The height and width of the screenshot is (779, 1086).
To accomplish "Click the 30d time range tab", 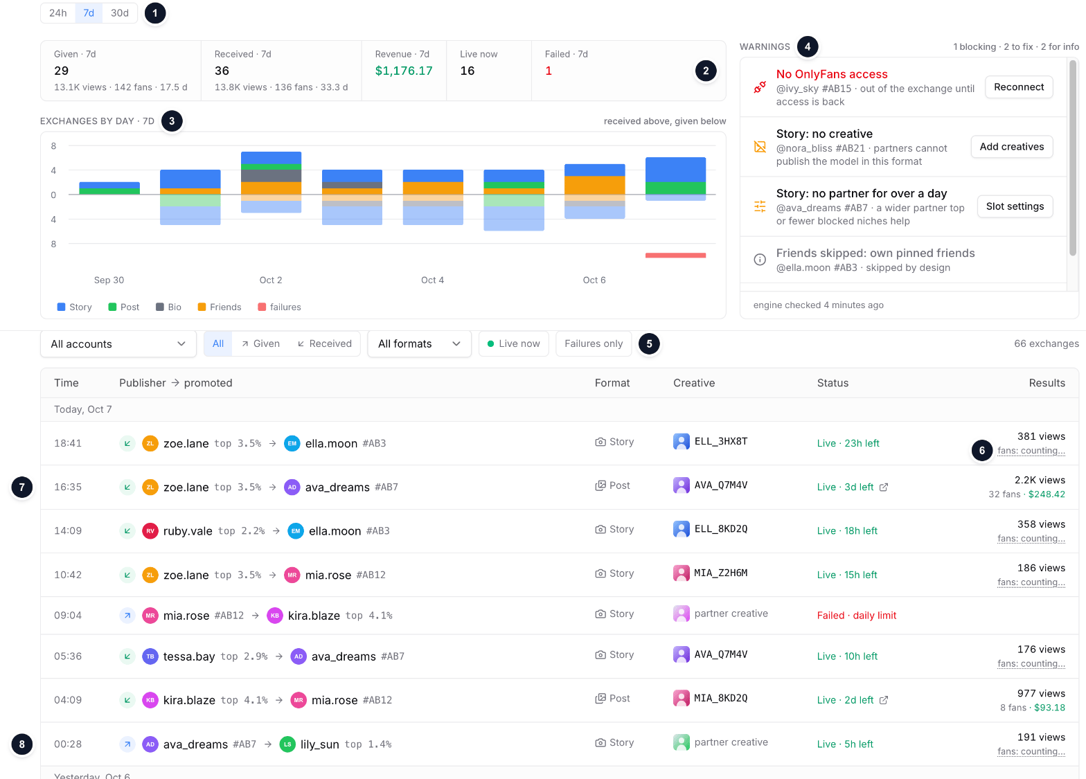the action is [119, 13].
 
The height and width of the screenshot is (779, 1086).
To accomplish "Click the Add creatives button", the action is [1011, 147].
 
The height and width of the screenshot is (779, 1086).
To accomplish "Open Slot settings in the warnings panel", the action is [1015, 206].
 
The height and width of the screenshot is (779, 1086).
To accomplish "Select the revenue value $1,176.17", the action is [403, 71].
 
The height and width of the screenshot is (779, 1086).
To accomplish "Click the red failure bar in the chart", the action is [675, 256].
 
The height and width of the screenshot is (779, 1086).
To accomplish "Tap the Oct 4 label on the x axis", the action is [432, 280].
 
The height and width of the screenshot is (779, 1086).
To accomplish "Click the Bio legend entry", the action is [168, 307].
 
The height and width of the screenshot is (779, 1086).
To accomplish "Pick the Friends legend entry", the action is [220, 307].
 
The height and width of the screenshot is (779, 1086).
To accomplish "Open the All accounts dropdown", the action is [118, 343].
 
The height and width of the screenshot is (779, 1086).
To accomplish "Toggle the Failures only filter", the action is [594, 343].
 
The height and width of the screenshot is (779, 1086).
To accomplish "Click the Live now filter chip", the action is [513, 343].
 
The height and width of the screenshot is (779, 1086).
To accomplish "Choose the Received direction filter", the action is [324, 343].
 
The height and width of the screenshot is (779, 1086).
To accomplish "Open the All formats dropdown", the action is [420, 343].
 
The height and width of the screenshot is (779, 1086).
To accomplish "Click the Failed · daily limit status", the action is [856, 615].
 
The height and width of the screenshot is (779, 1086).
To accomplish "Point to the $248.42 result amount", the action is [1047, 494].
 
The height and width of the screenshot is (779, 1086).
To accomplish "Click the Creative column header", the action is [694, 383].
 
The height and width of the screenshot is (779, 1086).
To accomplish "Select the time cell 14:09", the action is [68, 531].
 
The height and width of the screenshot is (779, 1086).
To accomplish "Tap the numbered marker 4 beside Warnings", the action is [808, 46].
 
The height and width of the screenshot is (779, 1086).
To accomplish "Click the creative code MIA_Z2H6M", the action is [720, 573].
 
